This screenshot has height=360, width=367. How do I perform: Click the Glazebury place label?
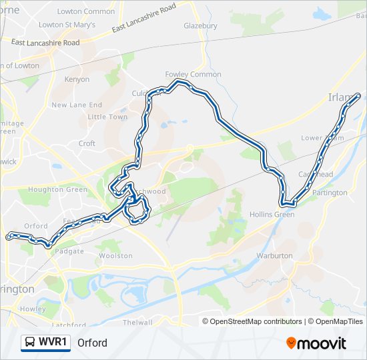pos(200,25)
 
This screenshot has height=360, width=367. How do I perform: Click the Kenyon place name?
pos(77,79)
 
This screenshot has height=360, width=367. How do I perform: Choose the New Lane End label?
pos(77,105)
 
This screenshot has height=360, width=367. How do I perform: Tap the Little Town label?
pos(107,117)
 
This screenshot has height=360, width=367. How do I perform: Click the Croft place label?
pos(87,143)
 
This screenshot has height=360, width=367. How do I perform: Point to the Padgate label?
pos(69,251)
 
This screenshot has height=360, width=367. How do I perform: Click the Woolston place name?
pos(111,255)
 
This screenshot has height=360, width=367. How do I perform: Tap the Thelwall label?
pos(138,323)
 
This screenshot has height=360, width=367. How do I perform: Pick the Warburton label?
pos(274,255)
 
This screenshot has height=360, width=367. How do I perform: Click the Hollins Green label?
pos(271,215)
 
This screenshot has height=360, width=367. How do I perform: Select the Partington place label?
pos(330,193)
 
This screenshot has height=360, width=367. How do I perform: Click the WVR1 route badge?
pos(46,343)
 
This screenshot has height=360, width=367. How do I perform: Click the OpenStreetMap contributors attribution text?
pos(252,321)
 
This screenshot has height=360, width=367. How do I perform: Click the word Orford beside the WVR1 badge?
pos(92,343)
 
